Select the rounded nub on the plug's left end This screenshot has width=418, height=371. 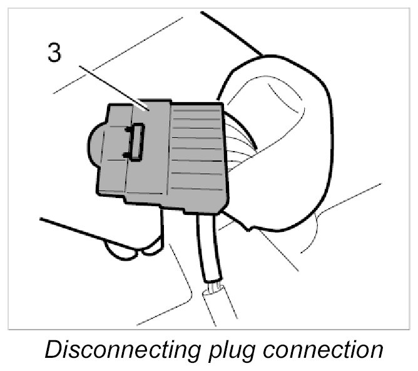point(94,143)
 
